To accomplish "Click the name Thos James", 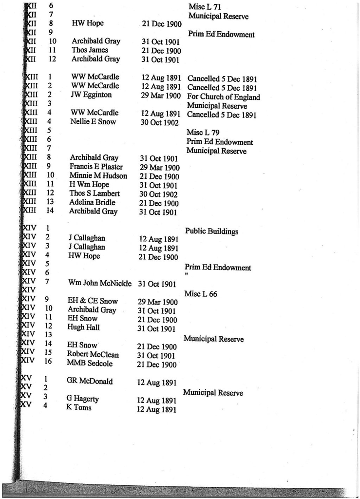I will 90,50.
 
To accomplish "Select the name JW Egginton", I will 91,95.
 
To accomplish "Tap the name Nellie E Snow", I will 93,122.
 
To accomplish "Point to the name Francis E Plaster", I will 96,167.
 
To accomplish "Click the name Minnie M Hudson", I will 98,176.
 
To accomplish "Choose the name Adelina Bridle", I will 92,202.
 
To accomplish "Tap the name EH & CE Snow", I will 93,301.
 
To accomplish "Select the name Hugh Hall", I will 83,328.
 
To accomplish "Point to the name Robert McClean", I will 93,354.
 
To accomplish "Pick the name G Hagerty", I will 82,399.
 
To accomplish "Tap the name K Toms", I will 78,408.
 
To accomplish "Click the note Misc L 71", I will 204,7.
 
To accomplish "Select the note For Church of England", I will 223,97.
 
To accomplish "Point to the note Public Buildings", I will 211,231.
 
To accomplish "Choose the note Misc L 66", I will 201,294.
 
